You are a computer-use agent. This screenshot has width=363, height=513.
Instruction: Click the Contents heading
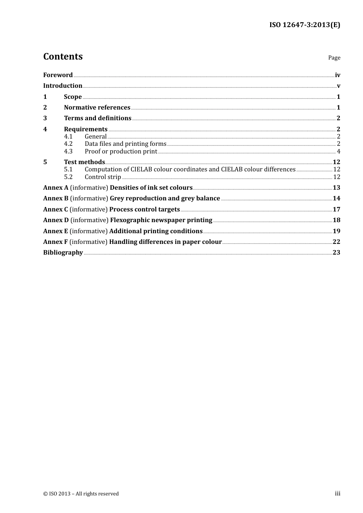click(63, 56)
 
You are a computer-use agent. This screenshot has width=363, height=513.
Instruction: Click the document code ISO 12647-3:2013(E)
click(305, 25)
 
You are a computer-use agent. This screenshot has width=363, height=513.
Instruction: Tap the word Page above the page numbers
click(334, 58)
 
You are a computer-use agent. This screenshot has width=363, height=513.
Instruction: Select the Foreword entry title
click(58, 75)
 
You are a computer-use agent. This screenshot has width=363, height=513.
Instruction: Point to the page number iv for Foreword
click(337, 75)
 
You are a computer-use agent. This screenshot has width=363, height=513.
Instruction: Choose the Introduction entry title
click(63, 85)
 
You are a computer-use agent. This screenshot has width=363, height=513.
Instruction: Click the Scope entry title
click(73, 97)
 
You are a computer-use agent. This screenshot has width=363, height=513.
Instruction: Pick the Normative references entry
click(97, 107)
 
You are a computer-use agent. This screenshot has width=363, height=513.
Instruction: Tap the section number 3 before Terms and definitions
click(45, 118)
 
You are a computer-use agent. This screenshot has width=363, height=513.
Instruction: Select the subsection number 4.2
click(68, 144)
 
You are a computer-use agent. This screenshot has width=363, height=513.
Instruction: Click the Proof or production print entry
click(121, 151)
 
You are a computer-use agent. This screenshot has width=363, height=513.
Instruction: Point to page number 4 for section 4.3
click(338, 151)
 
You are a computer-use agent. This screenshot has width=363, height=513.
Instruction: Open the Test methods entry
click(84, 162)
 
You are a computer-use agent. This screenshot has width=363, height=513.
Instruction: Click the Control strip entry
click(103, 177)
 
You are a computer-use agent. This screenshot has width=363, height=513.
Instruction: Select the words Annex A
click(56, 187)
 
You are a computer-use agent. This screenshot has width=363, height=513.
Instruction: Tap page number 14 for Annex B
click(336, 198)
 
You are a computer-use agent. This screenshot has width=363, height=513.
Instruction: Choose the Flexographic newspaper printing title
click(161, 220)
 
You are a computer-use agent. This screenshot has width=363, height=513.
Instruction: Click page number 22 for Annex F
click(336, 242)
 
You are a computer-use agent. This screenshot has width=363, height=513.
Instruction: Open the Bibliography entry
click(63, 252)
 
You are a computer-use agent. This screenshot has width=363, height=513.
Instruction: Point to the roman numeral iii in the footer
click(337, 494)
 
